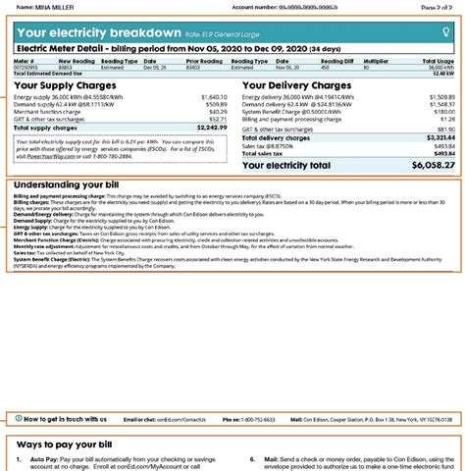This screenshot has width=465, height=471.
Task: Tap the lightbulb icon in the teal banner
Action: [x=447, y=32]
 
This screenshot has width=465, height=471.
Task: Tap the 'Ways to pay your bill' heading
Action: [x=69, y=445]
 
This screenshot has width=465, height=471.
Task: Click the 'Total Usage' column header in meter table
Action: [x=439, y=58]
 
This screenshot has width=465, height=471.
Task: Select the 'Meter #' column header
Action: [x=26, y=58]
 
